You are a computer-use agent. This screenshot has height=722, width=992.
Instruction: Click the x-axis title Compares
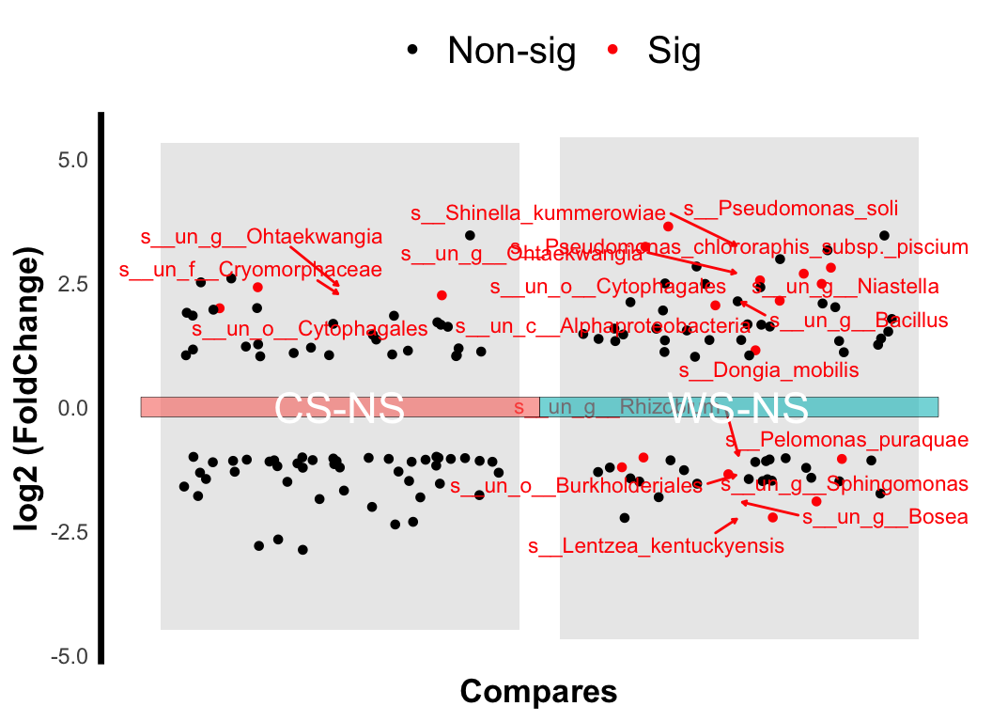point(538,692)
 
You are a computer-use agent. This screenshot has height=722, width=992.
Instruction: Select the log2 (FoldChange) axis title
point(30,390)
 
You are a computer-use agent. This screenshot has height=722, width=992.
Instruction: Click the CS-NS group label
point(339,409)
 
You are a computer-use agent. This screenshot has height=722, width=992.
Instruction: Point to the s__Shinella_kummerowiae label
point(538,212)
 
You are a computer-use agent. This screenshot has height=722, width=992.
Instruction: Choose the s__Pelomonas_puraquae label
point(846,439)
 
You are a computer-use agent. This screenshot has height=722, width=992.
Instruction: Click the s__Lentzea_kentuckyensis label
point(655,545)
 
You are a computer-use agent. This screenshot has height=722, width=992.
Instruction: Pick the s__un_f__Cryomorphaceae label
point(251,270)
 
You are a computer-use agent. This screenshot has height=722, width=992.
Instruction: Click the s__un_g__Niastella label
point(845,285)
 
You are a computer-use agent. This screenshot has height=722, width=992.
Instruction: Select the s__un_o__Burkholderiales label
point(576,486)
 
